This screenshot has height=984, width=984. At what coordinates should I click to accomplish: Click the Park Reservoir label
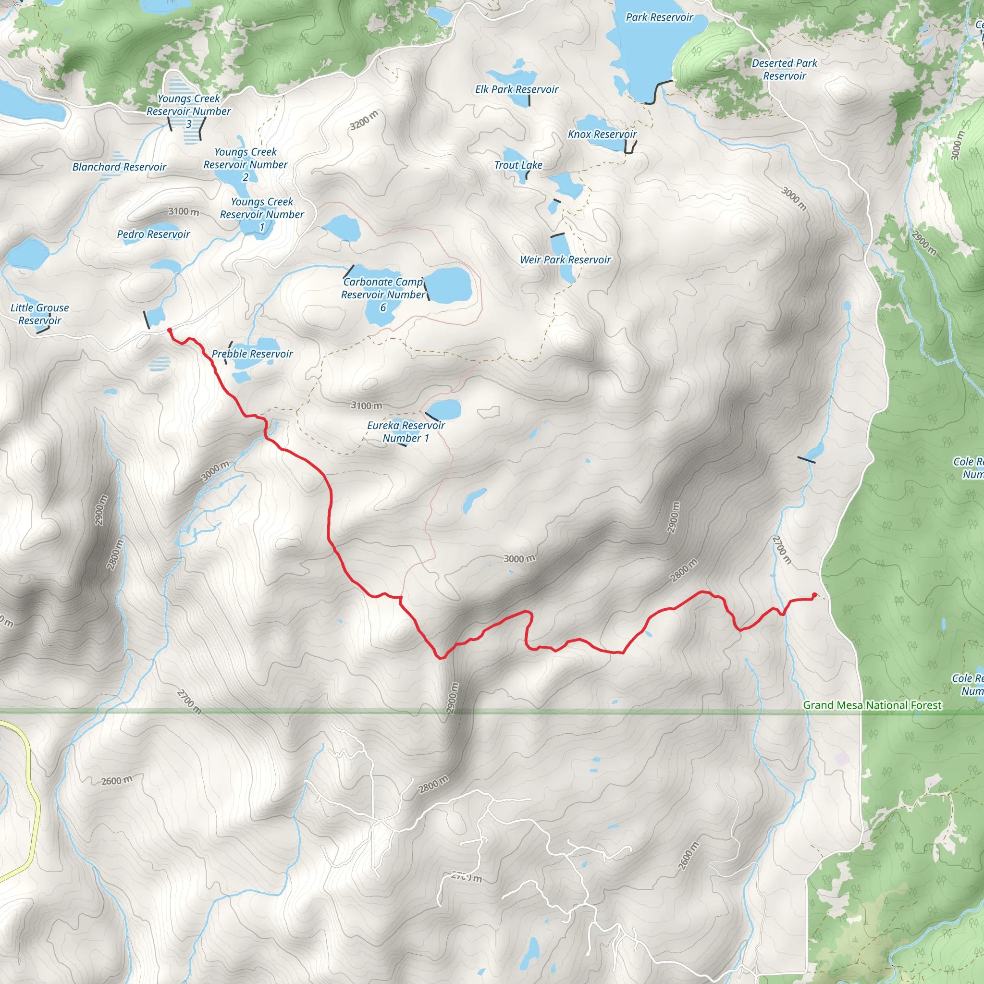point(659,17)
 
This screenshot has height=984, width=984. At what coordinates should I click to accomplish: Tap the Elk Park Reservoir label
point(517,90)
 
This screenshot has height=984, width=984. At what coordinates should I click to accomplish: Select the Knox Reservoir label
point(602,135)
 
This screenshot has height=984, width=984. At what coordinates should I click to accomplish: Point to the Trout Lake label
point(518,165)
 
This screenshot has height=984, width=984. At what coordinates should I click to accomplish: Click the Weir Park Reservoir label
point(566,260)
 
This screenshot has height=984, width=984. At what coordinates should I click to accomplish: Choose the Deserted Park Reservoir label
point(784,70)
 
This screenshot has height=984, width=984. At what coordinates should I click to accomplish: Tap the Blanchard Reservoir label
point(119,167)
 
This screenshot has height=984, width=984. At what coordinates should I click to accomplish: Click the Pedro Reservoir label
point(153,234)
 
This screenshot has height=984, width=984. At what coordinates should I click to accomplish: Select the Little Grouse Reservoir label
point(40,314)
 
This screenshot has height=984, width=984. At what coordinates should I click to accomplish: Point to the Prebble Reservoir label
point(252,354)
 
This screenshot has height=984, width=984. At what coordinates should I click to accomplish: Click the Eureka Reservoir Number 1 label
point(406,432)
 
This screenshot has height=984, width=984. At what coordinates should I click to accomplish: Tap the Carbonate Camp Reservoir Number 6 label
point(383,295)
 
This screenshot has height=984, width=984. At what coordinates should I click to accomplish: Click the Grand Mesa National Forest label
point(873,705)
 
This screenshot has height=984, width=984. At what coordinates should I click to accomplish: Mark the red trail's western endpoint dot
point(170,331)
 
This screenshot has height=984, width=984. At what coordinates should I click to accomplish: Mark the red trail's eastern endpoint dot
point(814,595)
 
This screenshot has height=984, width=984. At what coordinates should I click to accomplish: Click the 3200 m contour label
point(364,120)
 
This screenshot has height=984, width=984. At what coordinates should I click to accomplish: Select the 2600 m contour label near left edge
point(116,780)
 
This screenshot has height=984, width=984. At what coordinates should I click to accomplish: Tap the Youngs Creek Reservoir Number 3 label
point(188,111)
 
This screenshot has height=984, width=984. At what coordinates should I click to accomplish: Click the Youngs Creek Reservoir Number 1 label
point(262,214)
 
